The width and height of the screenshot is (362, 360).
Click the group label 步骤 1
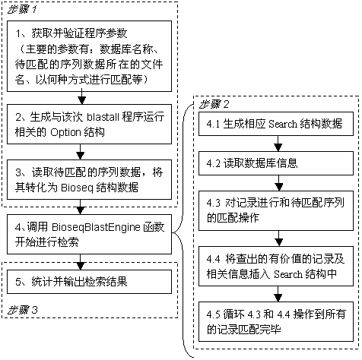click(x=22, y=10)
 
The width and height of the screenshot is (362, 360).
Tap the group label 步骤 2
click(x=214, y=105)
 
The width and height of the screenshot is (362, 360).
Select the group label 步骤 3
click(x=22, y=310)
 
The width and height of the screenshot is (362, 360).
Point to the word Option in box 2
click(x=65, y=132)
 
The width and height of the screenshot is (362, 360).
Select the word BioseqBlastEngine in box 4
click(x=96, y=227)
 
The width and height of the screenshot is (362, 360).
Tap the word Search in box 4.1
click(x=283, y=124)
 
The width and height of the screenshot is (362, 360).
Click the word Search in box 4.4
click(x=288, y=274)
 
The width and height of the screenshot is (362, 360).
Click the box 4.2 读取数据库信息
click(x=276, y=163)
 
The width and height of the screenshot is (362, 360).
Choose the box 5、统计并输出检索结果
click(x=89, y=282)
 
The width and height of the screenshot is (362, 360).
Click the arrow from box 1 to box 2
click(x=81, y=96)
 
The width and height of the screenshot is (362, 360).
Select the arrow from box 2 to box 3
click(x=80, y=152)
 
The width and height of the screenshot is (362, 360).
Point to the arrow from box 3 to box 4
click(x=80, y=207)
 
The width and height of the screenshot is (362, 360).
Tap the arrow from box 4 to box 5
click(x=80, y=262)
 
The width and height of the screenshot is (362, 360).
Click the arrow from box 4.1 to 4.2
click(x=278, y=144)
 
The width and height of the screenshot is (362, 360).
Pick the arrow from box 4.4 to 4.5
click(x=278, y=294)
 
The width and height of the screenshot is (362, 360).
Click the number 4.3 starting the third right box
click(x=214, y=203)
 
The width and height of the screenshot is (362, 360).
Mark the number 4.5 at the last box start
click(x=214, y=314)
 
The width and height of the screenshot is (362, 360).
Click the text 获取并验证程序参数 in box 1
click(x=79, y=33)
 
